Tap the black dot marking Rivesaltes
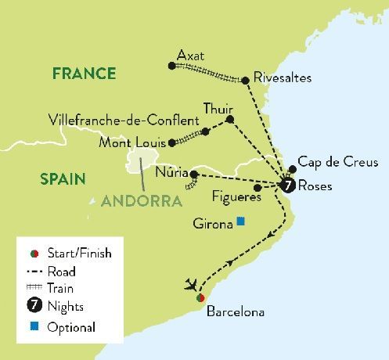(x=246, y=79)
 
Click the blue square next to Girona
(x=241, y=221)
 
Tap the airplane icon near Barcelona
(x=192, y=284)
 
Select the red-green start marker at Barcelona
(x=200, y=298)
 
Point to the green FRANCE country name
(x=85, y=74)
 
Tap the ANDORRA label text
(x=140, y=200)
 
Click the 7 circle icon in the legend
(x=33, y=306)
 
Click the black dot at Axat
(x=171, y=66)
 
